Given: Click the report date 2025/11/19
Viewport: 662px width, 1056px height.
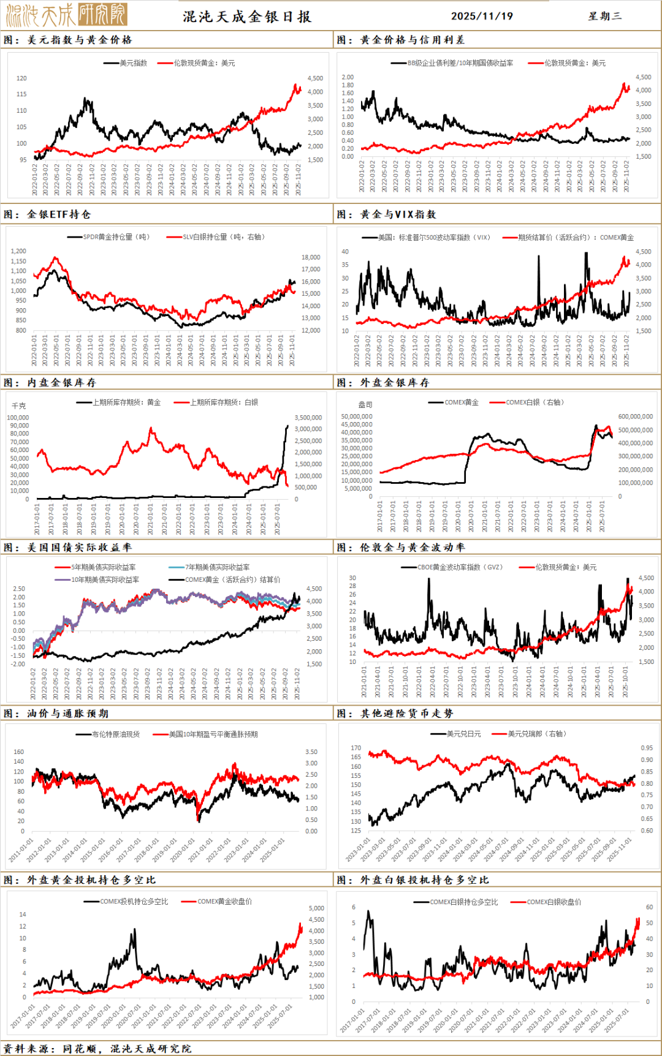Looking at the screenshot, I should coord(482,17).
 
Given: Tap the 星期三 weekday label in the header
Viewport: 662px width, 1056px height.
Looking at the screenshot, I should coord(604,17).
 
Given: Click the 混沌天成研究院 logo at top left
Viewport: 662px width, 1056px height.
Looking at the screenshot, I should coord(66,15).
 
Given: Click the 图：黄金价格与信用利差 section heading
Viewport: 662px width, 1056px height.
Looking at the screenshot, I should coord(401,40).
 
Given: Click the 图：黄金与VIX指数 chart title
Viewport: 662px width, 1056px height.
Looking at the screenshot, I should coord(386,214).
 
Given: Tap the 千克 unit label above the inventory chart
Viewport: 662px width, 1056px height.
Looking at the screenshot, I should coord(19,406).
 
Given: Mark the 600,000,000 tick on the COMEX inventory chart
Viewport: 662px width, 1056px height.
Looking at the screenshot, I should coord(635,417).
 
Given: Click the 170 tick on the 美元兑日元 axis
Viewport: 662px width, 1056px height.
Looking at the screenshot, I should coord(356,748).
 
